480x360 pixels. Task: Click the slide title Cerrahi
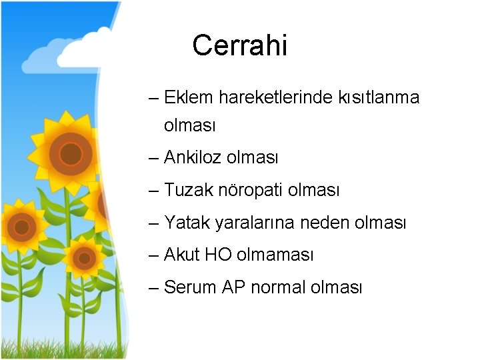click(x=239, y=46)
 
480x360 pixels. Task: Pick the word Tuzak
click(x=189, y=191)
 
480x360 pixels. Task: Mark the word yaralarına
click(x=256, y=223)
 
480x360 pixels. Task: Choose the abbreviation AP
click(x=234, y=287)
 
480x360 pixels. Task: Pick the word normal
click(x=278, y=287)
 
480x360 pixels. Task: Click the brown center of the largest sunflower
click(x=70, y=154)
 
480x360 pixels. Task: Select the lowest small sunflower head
click(x=85, y=257)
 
